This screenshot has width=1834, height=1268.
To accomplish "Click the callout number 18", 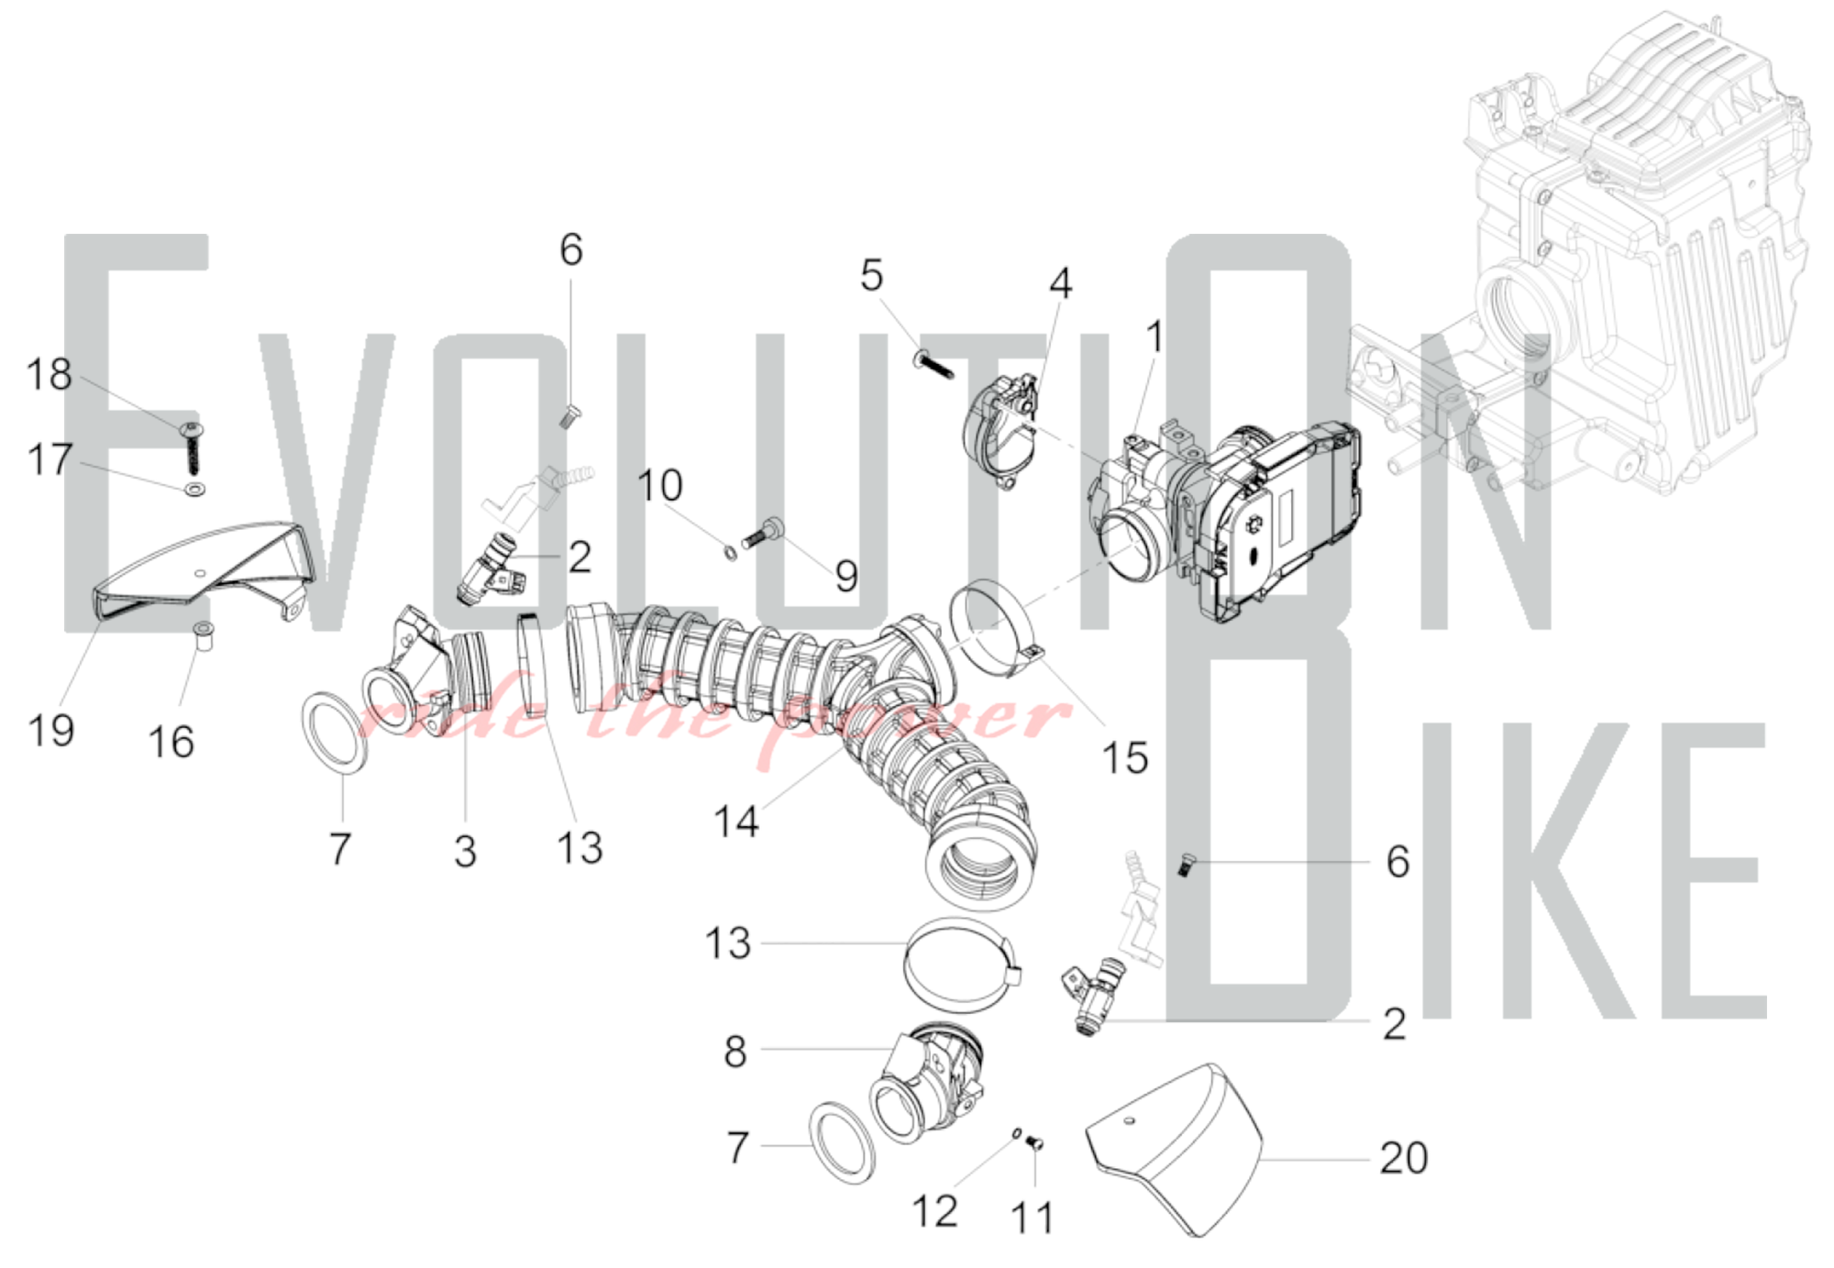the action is point(50,375).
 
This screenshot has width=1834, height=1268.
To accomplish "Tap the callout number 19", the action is point(50,731).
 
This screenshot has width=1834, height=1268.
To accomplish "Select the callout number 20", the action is point(1404,1158).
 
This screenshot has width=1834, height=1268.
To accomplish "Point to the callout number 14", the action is point(736,821).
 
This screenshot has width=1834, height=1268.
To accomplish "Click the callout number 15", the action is point(1125,758).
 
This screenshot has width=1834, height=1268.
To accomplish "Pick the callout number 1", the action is point(1155,337).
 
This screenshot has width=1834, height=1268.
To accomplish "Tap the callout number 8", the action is point(735,1052).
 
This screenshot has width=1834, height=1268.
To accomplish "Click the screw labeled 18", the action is point(194,448).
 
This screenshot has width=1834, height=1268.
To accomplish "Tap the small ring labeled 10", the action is point(731,553).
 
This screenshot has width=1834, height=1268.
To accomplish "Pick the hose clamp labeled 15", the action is point(995,633).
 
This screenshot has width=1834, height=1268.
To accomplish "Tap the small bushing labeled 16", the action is point(204,635).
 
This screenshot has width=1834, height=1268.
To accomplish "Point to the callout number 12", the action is point(934,1211).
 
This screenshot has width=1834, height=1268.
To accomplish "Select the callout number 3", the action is point(466,852).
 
